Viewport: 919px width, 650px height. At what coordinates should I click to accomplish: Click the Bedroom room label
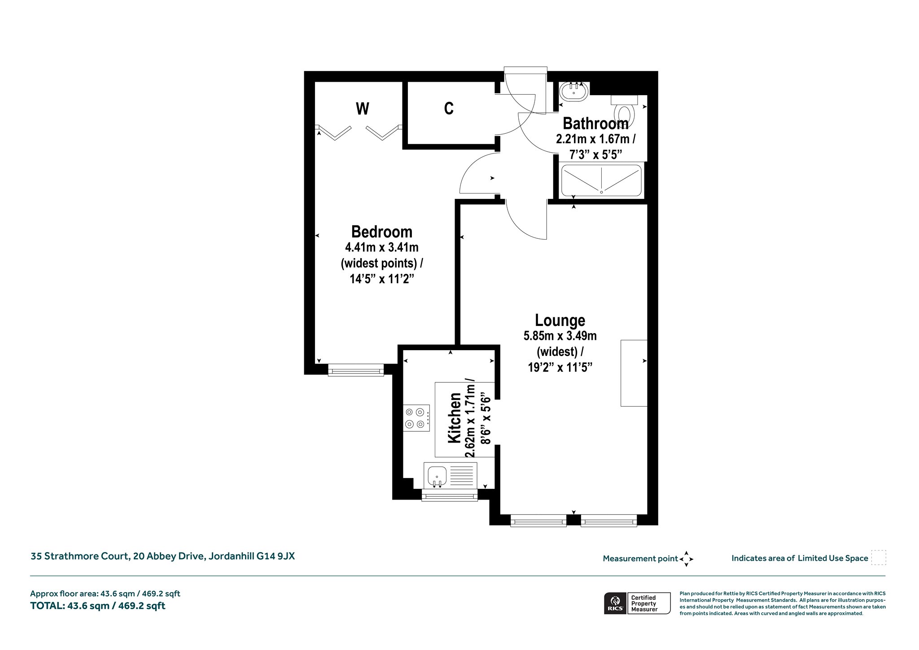382,232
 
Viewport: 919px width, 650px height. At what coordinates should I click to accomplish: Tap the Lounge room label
560,320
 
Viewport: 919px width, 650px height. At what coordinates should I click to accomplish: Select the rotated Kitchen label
455,418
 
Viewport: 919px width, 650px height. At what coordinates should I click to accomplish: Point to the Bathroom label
595,123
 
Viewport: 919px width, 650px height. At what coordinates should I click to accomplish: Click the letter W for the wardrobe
363,109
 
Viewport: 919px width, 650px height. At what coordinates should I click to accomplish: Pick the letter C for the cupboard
449,108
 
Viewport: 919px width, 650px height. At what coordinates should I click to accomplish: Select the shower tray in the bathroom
601,180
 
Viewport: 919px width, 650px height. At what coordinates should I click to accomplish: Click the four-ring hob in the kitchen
416,418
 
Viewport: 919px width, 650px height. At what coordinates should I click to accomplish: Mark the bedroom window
356,370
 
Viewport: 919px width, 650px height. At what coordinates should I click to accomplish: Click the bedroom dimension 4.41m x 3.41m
382,247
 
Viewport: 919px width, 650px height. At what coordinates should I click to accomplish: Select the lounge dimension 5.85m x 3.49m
560,335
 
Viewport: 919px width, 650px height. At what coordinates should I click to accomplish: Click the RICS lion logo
614,603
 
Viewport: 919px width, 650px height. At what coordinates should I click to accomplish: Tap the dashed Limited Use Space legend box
879,558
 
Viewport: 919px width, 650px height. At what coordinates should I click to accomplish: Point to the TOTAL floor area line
98,606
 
